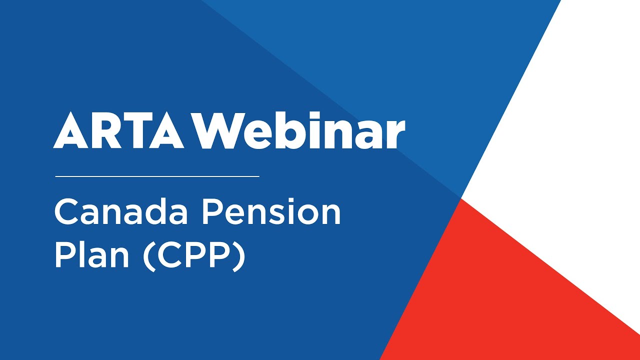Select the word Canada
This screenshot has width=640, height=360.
pyautogui.click(x=120, y=212)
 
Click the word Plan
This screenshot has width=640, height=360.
pyautogui.click(x=93, y=255)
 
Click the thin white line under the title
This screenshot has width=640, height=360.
pyautogui.click(x=157, y=176)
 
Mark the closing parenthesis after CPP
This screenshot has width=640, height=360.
pyautogui.click(x=240, y=256)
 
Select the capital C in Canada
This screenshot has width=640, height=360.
pyautogui.click(x=66, y=212)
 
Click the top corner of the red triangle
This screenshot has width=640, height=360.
pyautogui.click(x=461, y=199)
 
